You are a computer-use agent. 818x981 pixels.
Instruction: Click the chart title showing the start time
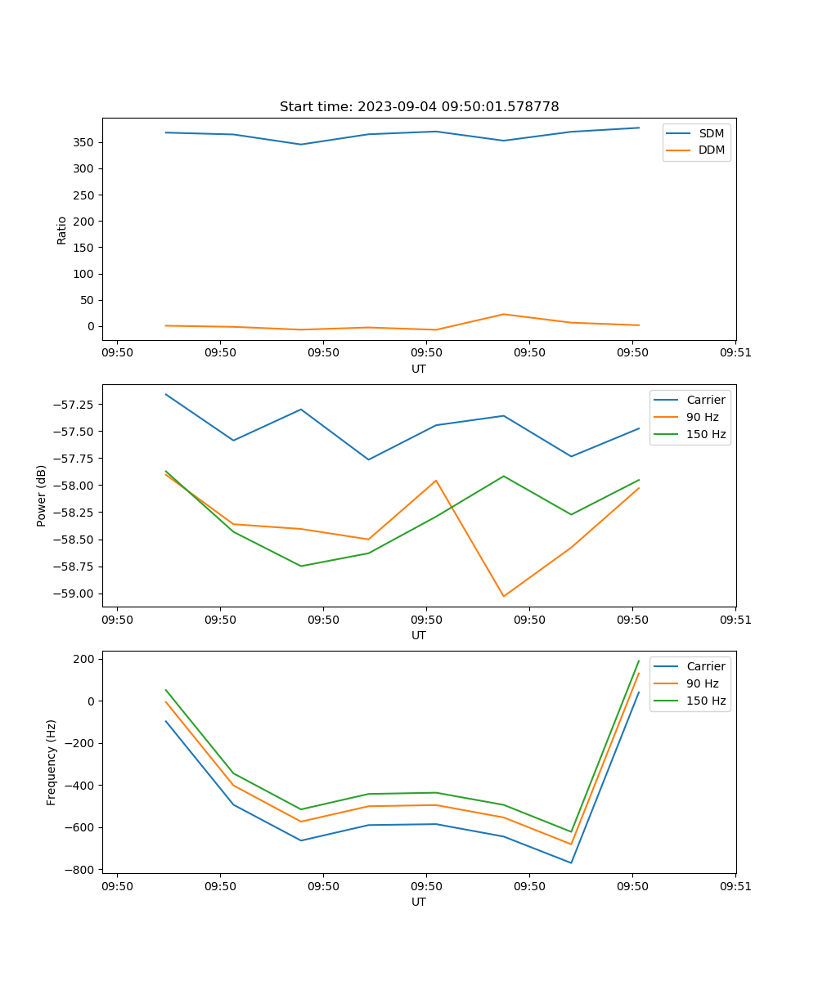(419, 107)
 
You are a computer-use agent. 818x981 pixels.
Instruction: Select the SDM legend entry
(711, 133)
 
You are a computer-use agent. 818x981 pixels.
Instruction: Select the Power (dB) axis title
(42, 495)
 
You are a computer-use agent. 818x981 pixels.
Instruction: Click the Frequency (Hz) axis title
(52, 762)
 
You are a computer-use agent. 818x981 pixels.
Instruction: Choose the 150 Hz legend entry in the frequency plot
(706, 701)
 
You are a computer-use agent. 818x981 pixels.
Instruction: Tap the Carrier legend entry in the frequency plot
(705, 666)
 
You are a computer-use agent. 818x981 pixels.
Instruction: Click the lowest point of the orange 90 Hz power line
(503, 596)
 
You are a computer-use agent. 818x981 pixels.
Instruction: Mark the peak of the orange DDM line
(503, 314)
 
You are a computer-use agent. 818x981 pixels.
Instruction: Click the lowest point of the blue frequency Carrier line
(571, 862)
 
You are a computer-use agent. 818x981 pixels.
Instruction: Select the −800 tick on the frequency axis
(83, 869)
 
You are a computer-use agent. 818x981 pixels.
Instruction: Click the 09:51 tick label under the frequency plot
(735, 885)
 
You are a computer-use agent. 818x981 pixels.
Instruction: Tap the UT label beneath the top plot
(419, 369)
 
